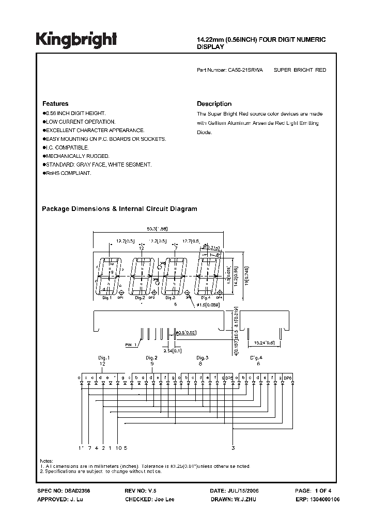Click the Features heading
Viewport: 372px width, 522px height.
(x=55, y=104)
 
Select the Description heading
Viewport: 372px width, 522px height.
(x=214, y=104)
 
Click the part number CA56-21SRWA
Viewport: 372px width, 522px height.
(x=245, y=70)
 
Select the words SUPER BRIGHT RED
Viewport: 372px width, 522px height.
(x=300, y=70)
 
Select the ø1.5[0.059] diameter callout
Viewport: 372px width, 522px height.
(x=209, y=305)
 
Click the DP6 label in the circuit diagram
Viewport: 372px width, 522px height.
(x=288, y=378)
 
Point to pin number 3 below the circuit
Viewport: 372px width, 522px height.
(x=233, y=448)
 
